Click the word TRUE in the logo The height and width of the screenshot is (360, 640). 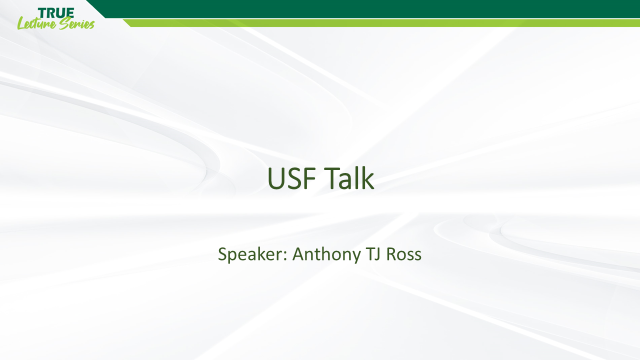56,13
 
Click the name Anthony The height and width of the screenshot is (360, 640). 325,254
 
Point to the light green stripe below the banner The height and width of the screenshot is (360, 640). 380,23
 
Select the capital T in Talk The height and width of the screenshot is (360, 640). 330,179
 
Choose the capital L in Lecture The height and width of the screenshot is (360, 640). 21,23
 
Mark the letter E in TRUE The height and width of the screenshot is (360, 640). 70,13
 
